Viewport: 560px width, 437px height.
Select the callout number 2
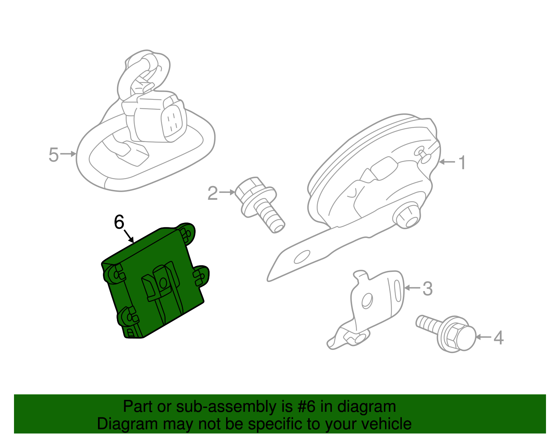[212, 193]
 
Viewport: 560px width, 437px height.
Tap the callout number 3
[427, 289]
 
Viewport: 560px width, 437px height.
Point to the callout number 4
[498, 338]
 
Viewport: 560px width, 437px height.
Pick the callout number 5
[53, 155]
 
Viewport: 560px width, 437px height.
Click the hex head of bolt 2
[249, 189]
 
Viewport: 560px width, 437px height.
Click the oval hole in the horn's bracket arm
[302, 257]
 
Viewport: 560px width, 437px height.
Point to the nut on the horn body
[407, 216]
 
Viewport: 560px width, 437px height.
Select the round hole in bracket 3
[367, 301]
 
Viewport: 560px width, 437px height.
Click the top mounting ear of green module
[187, 233]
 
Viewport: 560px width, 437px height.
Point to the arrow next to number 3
[412, 288]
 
